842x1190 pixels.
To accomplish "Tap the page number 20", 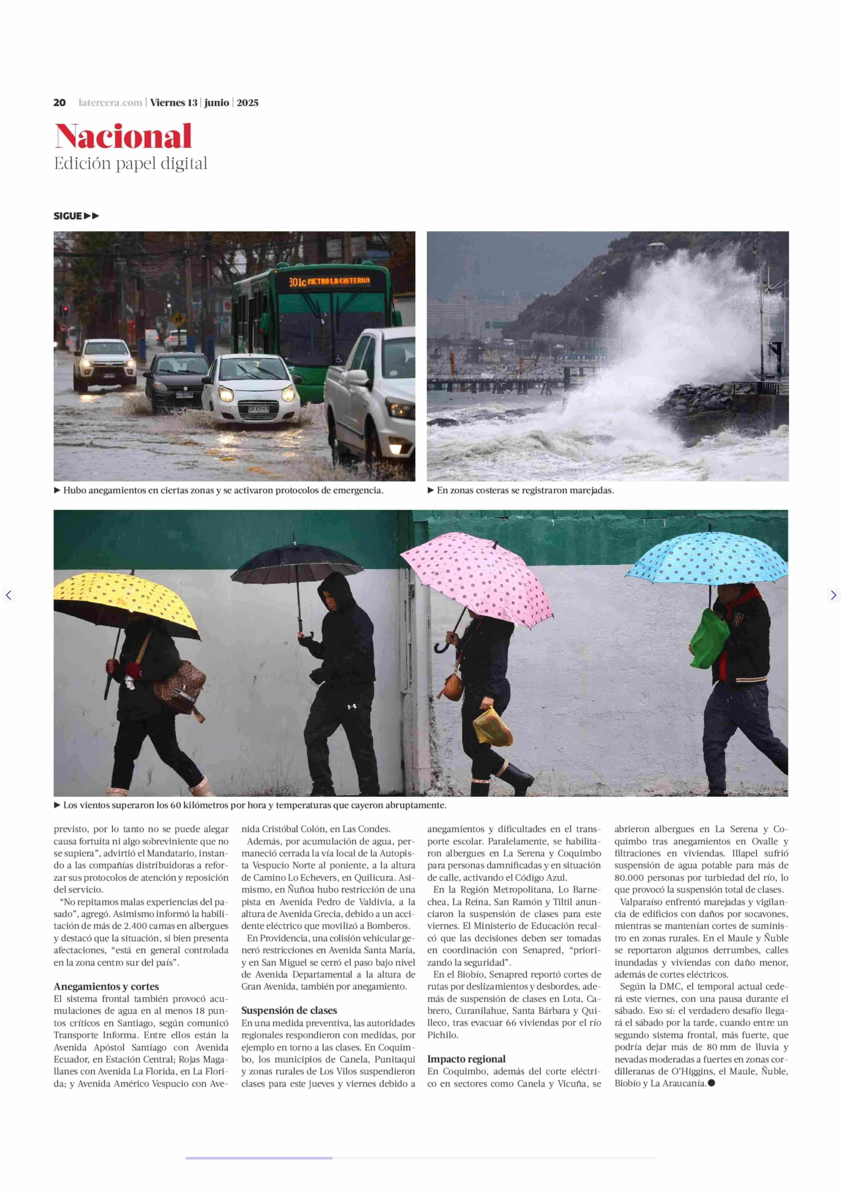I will (x=60, y=103).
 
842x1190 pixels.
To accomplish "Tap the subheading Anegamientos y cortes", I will (x=106, y=986).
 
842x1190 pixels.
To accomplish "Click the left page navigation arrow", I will (x=8, y=595).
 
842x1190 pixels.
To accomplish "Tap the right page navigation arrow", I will (x=833, y=595).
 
